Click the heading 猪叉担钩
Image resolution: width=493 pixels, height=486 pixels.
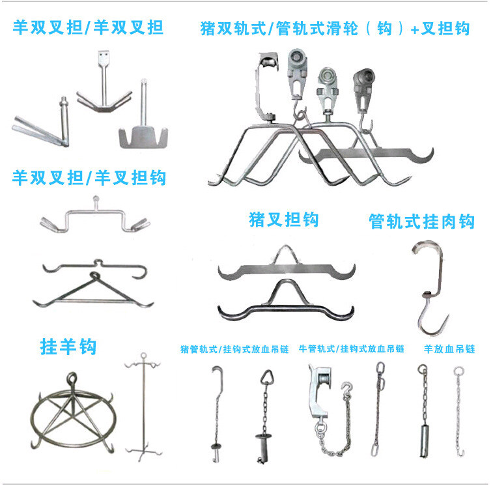coord(283,220)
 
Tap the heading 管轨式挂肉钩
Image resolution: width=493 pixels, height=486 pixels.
coord(421,221)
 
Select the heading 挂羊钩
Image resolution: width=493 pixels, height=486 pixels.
coord(68,347)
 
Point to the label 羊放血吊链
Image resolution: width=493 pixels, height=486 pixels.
coord(449,349)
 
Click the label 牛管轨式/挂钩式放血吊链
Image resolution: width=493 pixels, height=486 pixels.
coord(351,349)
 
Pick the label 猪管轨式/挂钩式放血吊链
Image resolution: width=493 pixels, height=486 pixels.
coord(234,349)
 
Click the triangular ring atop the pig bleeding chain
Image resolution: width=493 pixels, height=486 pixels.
coord(267,377)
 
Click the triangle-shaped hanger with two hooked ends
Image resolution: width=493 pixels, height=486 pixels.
coord(93,291)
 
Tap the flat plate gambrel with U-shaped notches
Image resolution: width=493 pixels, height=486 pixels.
coord(143,137)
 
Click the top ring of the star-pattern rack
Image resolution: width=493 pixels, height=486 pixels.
coord(72,378)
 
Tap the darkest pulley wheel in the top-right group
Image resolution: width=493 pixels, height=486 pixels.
coord(364,76)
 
